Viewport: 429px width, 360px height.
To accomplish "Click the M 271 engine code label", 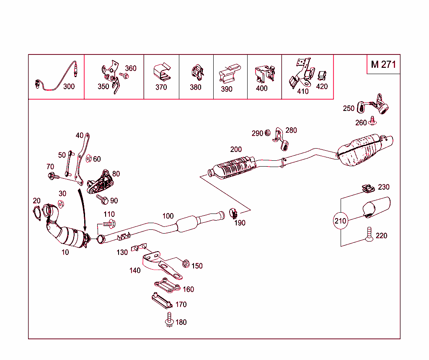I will click(383, 64).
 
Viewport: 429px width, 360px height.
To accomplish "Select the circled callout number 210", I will click(341, 221).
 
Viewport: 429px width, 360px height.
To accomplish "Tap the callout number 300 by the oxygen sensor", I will click(69, 87).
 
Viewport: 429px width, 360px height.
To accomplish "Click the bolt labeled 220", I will click(369, 234).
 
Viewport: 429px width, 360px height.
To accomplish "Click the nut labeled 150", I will click(186, 264).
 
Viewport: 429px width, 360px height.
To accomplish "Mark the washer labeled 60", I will click(89, 159).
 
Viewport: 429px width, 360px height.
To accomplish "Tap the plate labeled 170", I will click(162, 301).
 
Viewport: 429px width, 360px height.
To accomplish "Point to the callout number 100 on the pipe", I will click(168, 216).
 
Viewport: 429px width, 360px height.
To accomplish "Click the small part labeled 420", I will click(322, 76).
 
